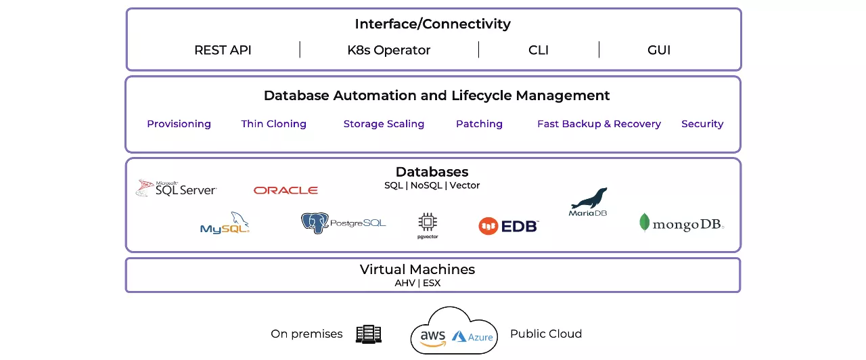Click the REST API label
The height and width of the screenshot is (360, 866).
click(x=223, y=50)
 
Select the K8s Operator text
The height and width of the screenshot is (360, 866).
click(x=388, y=50)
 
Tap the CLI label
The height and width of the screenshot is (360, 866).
click(x=539, y=50)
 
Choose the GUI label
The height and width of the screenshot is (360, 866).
click(x=658, y=50)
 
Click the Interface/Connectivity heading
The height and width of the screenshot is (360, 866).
click(x=432, y=24)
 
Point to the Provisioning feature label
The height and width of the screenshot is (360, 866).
click(x=179, y=124)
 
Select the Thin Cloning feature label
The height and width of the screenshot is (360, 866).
click(x=273, y=124)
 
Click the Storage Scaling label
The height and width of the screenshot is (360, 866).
click(x=384, y=124)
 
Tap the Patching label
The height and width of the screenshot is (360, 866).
click(x=479, y=124)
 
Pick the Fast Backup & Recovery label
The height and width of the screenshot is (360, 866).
click(x=599, y=124)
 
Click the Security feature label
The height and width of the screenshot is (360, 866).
click(x=702, y=124)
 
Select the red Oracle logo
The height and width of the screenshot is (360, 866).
click(x=286, y=191)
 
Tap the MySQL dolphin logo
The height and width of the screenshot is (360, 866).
click(x=225, y=223)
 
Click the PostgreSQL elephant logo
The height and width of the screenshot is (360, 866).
click(x=343, y=223)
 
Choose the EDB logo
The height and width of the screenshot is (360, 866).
click(x=508, y=226)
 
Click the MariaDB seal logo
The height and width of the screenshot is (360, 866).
click(x=588, y=202)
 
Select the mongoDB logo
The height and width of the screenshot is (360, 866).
click(x=681, y=223)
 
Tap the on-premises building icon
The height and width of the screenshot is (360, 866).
click(x=369, y=334)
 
